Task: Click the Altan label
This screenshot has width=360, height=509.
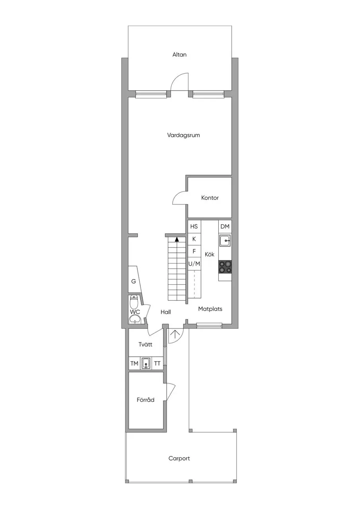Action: [179, 54]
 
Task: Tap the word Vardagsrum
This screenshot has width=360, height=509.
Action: [183, 135]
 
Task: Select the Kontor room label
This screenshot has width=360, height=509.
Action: [210, 198]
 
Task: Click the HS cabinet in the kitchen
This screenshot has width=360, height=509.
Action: [194, 226]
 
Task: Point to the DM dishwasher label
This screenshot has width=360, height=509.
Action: [225, 226]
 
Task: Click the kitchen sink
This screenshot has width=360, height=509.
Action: [225, 241]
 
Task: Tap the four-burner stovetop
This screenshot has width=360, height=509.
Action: [225, 267]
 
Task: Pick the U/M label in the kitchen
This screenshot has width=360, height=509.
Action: [194, 264]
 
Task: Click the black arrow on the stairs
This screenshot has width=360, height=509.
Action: [177, 239]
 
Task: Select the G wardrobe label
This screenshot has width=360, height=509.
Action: [134, 281]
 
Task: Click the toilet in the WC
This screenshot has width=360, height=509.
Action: [134, 301]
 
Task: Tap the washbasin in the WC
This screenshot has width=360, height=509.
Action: [135, 319]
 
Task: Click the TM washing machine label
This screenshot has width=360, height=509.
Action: [134, 363]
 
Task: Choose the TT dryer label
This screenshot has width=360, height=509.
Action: [157, 363]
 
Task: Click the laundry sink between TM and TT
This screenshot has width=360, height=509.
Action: [146, 363]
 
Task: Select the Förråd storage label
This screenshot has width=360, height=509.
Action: [146, 400]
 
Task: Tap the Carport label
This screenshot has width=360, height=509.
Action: [179, 458]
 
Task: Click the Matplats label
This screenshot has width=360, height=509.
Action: [210, 309]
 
